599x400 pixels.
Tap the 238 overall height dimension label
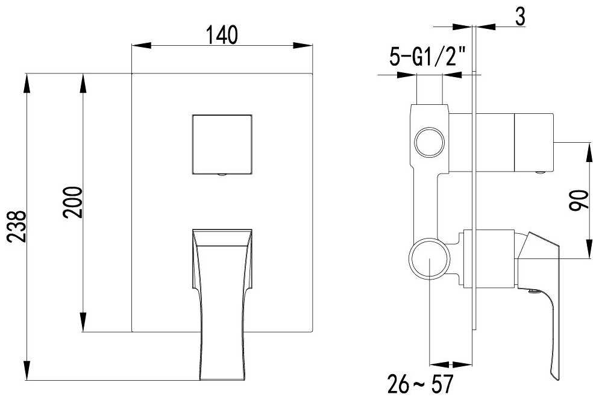coord(17,226)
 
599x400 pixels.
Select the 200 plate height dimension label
coord(72,202)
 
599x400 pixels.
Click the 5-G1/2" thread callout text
coord(427,57)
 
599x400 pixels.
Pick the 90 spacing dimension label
coord(579,200)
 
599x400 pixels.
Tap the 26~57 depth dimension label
coord(420,384)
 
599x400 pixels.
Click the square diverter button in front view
coord(222,144)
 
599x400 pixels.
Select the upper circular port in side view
coord(430,142)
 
